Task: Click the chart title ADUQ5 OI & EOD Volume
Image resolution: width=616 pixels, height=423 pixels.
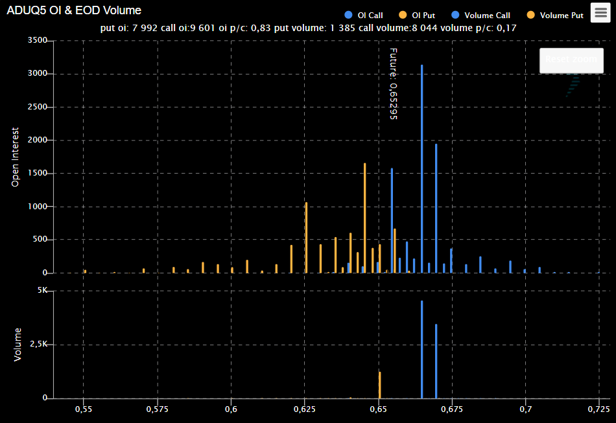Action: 74,11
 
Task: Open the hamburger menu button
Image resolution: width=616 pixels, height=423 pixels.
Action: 601,12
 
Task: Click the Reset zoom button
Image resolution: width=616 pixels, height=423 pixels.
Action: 571,60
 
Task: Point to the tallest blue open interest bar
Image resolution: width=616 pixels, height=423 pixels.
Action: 421,168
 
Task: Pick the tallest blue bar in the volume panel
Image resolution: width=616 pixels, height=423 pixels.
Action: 421,350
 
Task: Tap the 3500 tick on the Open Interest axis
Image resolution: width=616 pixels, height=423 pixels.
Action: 38,41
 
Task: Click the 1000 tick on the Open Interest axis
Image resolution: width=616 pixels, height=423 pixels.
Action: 38,207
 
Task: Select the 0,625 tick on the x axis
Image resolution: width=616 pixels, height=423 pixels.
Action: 305,409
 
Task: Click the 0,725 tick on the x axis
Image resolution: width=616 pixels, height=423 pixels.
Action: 599,409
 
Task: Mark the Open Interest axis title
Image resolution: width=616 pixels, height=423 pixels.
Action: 15,157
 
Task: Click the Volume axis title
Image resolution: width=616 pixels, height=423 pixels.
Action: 18,344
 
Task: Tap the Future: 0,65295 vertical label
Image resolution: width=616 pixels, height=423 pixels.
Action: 393,84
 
